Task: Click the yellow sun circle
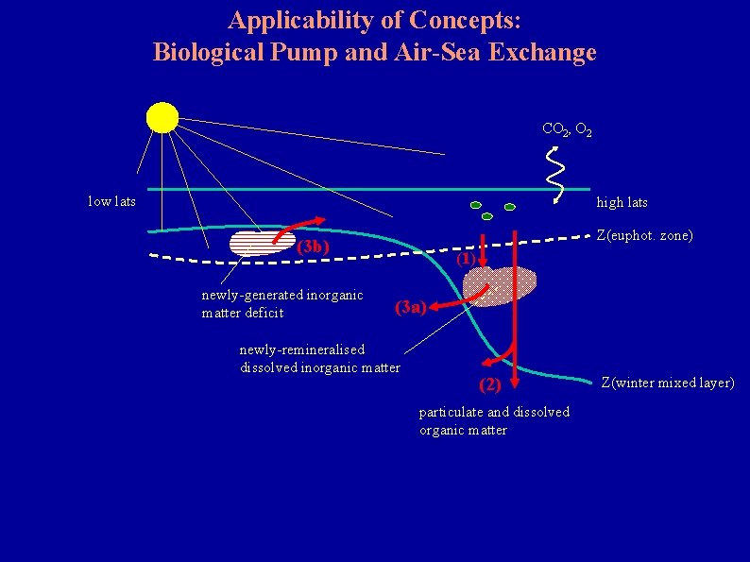point(162,117)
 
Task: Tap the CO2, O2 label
point(567,130)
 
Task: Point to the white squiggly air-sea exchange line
point(557,176)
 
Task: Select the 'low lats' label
point(111,201)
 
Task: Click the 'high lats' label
point(622,203)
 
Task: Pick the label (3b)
point(313,248)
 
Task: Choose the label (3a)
point(412,306)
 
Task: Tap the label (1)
point(465,259)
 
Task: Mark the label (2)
point(490,384)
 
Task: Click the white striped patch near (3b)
point(261,244)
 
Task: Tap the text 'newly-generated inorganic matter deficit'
point(282,304)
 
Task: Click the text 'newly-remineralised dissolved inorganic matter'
point(319,359)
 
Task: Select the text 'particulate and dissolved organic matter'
point(494,421)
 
